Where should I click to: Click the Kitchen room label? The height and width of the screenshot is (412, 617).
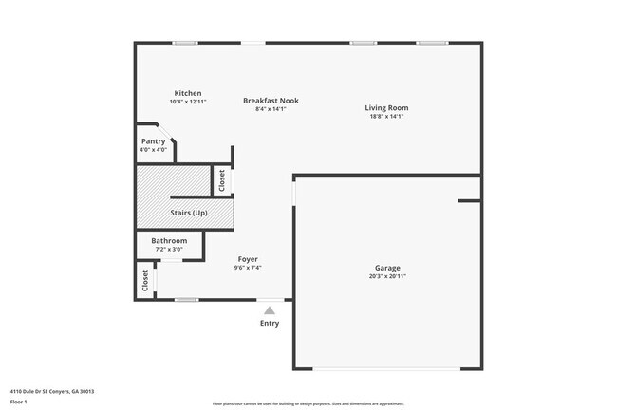pos(187,93)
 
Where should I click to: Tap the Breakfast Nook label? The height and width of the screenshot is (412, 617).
pos(271,101)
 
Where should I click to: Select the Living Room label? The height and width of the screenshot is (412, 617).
pos(386,108)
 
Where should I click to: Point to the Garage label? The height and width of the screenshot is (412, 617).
pos(386,268)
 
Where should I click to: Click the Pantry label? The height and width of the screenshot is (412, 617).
pos(153,141)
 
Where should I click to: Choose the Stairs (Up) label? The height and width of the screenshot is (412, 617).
pos(188,213)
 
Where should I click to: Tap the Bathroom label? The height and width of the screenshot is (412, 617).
pos(169,241)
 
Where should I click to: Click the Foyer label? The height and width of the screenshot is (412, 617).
pos(247,259)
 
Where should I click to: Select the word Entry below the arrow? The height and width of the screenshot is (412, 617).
pos(270,324)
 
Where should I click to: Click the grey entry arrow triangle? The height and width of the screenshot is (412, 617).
pos(270,309)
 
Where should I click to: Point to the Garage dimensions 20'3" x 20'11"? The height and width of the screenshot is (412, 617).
pos(387,276)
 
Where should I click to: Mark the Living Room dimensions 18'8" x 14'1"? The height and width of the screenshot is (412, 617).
pos(386,117)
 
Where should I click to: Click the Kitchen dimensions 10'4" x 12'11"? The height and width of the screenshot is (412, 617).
pos(187,102)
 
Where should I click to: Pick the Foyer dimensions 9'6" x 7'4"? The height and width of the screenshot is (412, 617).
pos(247,268)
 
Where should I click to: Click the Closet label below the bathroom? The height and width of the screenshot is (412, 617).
pos(145,280)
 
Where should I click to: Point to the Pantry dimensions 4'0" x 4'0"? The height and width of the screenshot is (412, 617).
pos(153,150)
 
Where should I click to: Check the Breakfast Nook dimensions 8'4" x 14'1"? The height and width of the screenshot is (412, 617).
pos(271,109)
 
